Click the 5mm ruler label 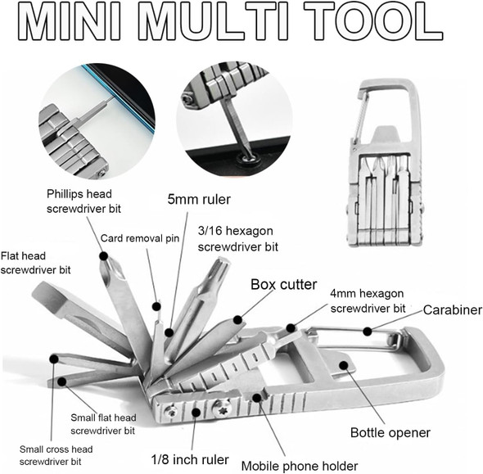(x=199, y=199)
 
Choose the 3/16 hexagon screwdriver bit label (x=238, y=238)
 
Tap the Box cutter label (x=283, y=285)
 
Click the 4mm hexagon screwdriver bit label (x=368, y=300)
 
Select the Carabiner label (x=452, y=310)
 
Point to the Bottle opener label (x=390, y=432)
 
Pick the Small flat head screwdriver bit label (x=102, y=424)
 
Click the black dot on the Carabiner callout (x=368, y=332)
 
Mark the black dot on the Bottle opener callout (x=343, y=366)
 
